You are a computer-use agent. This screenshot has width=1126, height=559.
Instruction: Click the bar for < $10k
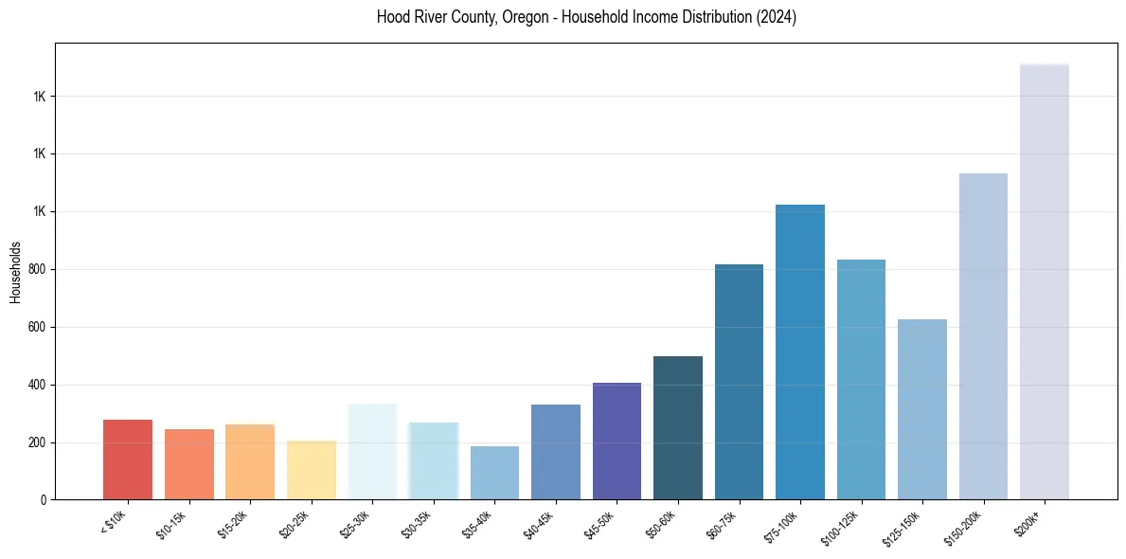click(x=128, y=460)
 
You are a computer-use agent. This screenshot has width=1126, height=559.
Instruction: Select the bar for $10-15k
click(x=188, y=464)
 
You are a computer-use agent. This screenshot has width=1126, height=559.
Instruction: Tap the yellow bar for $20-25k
click(x=311, y=470)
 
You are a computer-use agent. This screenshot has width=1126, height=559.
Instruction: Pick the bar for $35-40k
click(x=494, y=473)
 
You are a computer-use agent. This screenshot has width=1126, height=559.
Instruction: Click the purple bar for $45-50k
click(x=617, y=442)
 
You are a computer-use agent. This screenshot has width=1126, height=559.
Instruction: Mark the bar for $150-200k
click(x=983, y=336)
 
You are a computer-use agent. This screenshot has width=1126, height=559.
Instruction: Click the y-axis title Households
click(x=16, y=272)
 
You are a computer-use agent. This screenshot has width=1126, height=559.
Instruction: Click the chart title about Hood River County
click(x=586, y=18)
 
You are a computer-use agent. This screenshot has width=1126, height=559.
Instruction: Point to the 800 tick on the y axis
click(x=38, y=269)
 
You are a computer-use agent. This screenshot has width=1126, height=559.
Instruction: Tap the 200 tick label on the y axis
click(x=38, y=442)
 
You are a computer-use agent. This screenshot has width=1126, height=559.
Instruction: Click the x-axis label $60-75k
click(x=722, y=525)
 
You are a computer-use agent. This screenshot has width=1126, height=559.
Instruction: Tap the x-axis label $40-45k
click(x=539, y=525)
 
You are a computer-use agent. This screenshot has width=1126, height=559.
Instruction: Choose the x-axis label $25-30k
click(x=355, y=525)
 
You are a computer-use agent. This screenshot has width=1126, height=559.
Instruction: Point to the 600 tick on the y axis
click(x=38, y=327)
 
